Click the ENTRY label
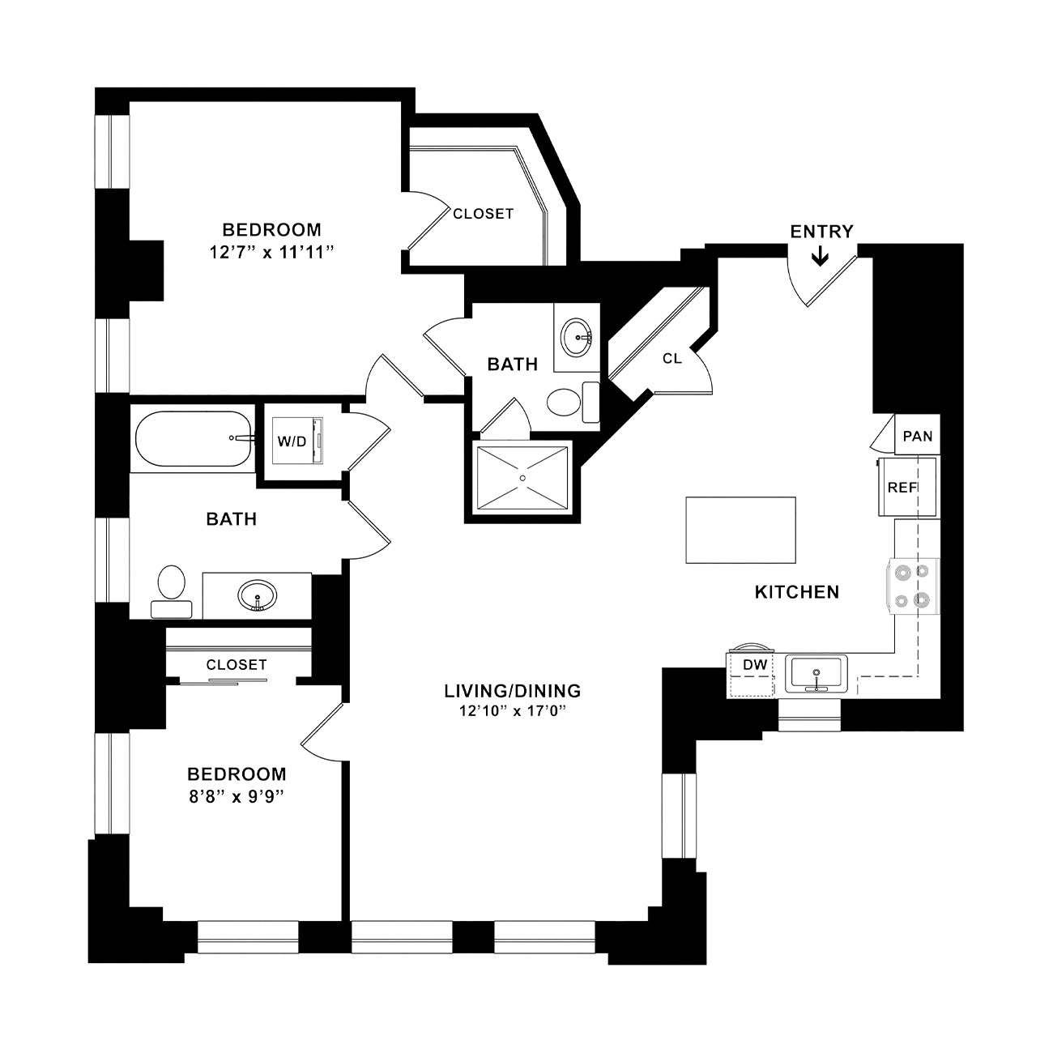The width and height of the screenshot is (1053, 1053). click(x=821, y=232)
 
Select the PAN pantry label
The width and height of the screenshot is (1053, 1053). click(x=918, y=436)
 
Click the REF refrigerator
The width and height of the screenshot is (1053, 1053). click(x=907, y=487)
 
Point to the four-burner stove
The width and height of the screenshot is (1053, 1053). click(x=913, y=586)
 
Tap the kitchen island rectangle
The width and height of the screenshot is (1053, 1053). click(x=740, y=530)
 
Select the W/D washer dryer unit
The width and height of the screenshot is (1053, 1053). click(x=298, y=441)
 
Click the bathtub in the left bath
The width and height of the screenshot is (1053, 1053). click(x=194, y=439)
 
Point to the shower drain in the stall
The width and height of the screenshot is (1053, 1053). click(x=522, y=478)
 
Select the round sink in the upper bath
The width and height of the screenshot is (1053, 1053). click(x=577, y=336)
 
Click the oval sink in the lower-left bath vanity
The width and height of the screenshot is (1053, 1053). click(x=258, y=595)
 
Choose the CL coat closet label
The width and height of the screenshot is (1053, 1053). click(x=671, y=359)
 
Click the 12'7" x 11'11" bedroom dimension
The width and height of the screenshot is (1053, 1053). click(x=271, y=253)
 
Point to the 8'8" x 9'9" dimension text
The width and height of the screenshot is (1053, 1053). click(x=237, y=797)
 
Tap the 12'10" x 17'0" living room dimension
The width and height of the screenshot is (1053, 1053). click(x=512, y=711)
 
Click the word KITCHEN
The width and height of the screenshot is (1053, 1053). click(x=797, y=592)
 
